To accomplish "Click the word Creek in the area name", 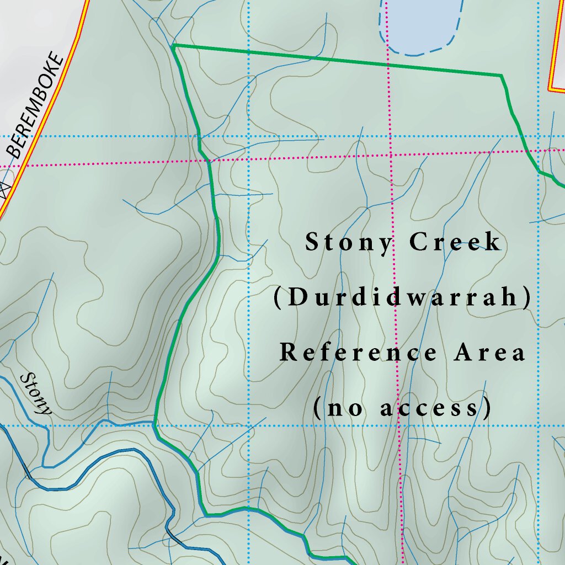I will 456,243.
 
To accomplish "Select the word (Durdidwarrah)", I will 403,298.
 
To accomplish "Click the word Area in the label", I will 490,353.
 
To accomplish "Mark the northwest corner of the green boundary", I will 174,46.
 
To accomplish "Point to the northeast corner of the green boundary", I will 502,75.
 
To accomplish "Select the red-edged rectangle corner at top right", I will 551,89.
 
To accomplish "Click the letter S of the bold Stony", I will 312,243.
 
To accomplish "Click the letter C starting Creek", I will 417,243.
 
